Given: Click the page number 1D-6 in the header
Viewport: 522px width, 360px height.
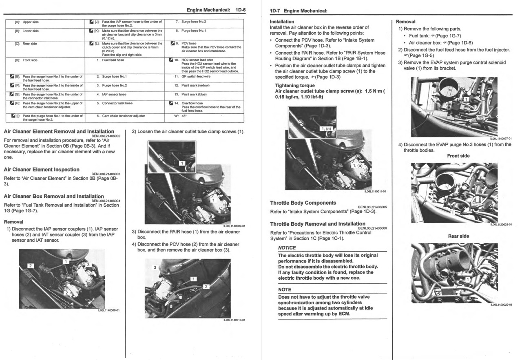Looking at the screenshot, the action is (x=241, y=10).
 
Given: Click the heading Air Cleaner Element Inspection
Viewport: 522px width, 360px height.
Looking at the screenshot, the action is (x=42, y=169).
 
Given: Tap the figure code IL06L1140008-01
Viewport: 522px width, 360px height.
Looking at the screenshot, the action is (x=108, y=310).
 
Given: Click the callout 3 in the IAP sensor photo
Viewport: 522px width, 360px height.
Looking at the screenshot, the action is (x=88, y=265).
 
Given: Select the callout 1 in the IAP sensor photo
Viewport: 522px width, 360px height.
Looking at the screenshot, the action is (x=66, y=262).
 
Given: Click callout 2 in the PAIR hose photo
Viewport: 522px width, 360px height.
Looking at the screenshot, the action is (x=206, y=287).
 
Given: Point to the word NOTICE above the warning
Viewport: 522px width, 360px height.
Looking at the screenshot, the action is (x=287, y=248).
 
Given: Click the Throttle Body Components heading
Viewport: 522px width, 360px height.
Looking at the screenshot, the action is (x=303, y=203).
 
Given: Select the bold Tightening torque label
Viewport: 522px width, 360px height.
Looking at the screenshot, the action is (x=295, y=86).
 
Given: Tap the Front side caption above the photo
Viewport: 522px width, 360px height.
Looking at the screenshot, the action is (x=458, y=156).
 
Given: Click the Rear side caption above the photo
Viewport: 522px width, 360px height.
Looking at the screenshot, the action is (x=458, y=236).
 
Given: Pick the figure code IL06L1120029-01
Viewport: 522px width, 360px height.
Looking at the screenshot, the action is (x=501, y=305).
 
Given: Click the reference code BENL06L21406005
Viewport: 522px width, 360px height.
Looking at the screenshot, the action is (x=372, y=207).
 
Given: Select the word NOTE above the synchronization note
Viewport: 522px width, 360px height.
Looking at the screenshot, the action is (x=285, y=289).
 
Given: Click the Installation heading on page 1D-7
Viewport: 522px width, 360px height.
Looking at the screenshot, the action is (x=282, y=22).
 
